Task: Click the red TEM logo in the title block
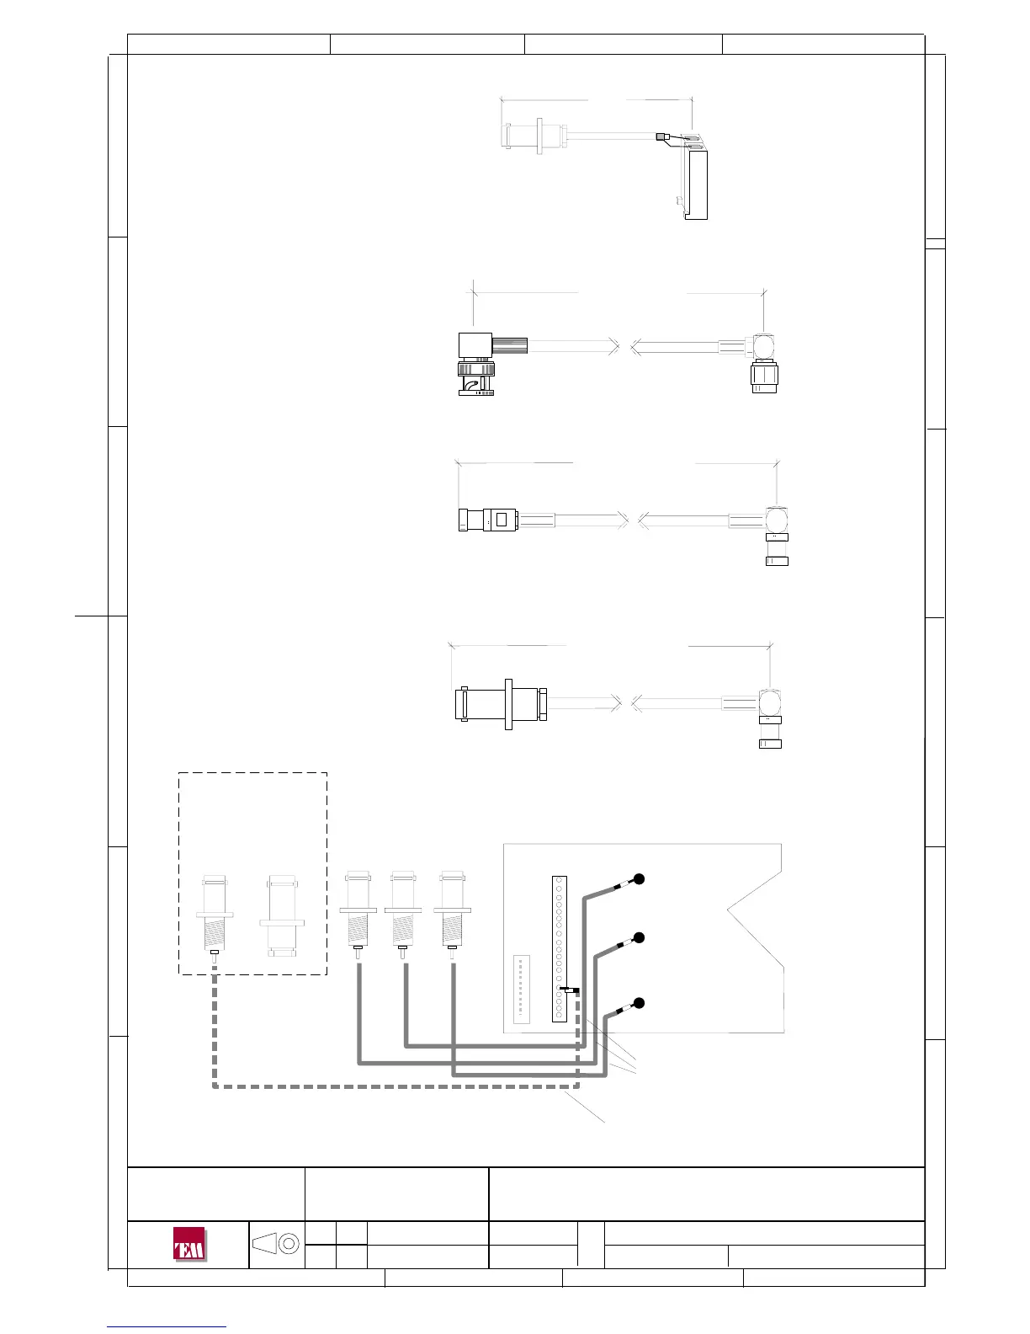(189, 1245)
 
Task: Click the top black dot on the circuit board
(639, 879)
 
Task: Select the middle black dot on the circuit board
(639, 937)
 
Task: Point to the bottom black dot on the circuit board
(639, 1002)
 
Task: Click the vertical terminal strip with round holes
(560, 948)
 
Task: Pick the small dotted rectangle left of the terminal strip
(521, 988)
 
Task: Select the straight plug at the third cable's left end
(488, 519)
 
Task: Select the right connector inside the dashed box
(281, 917)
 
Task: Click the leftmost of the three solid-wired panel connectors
(358, 915)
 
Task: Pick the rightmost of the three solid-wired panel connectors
(452, 915)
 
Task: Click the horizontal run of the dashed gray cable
(387, 1087)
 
